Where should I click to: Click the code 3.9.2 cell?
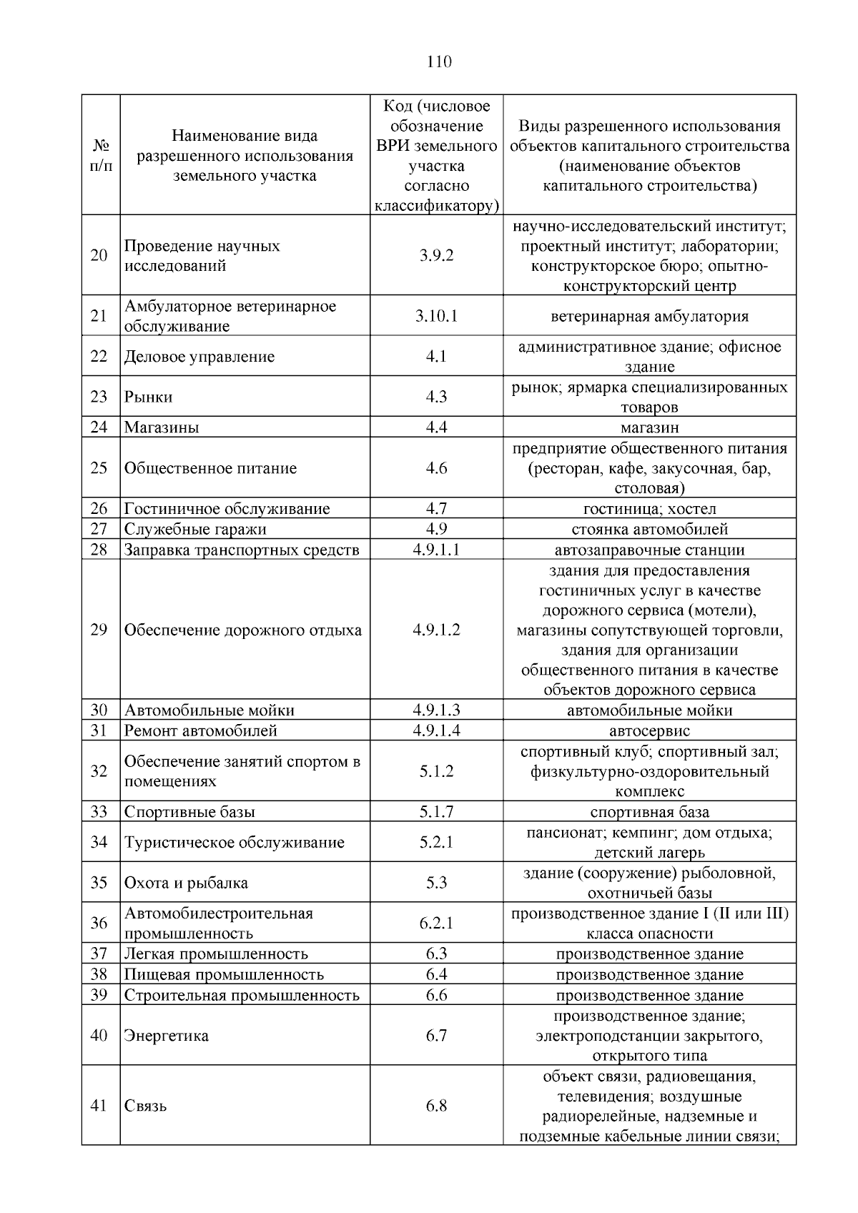pyautogui.click(x=436, y=256)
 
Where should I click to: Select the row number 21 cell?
pyautogui.click(x=99, y=316)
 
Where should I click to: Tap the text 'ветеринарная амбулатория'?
pyautogui.click(x=649, y=317)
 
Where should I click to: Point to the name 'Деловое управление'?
pyautogui.click(x=199, y=357)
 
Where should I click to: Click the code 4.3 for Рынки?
pyautogui.click(x=436, y=397)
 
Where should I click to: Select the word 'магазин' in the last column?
pyautogui.click(x=649, y=427)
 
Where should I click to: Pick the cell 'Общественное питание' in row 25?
pyautogui.click(x=210, y=468)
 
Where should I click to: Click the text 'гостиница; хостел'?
pyautogui.click(x=649, y=509)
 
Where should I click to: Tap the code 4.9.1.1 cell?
pyautogui.click(x=436, y=550)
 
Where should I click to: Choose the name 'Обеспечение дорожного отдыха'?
pyautogui.click(x=243, y=630)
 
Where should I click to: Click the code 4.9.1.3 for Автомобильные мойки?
pyautogui.click(x=436, y=710)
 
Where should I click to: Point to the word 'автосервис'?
pyautogui.click(x=649, y=731)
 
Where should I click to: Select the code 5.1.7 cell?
pyautogui.click(x=436, y=812)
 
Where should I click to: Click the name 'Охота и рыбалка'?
pyautogui.click(x=186, y=883)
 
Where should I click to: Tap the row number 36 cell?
pyautogui.click(x=99, y=923)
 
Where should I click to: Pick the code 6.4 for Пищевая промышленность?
pyautogui.click(x=436, y=974)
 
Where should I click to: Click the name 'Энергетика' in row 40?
pyautogui.click(x=167, y=1036)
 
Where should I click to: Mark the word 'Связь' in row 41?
pyautogui.click(x=146, y=1106)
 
